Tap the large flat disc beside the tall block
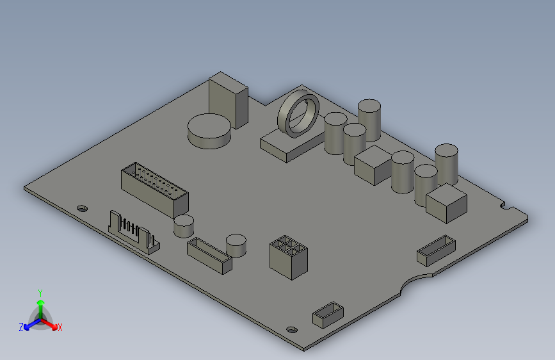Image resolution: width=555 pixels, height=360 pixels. (209, 131)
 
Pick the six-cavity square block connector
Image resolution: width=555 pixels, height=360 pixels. (289, 256)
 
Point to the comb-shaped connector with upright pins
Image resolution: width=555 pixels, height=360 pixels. (134, 232)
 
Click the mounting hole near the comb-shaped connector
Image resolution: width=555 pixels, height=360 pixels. (81, 208)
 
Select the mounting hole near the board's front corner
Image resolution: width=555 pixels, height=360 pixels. (292, 329)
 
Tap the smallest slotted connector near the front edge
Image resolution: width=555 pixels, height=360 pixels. (328, 315)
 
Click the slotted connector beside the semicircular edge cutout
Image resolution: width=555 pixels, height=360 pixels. (436, 250)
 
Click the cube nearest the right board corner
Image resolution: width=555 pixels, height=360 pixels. (447, 202)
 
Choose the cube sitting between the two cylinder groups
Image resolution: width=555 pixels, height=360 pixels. (373, 165)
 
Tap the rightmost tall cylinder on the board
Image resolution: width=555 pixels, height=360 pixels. (447, 164)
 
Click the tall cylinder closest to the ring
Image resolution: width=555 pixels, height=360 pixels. (335, 133)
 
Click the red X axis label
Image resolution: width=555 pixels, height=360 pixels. (60, 328)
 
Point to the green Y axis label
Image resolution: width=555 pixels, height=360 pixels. (40, 291)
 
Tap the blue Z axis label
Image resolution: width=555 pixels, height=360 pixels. (21, 327)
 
